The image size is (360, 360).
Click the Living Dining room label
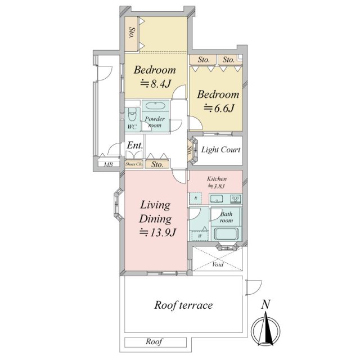click(x=155, y=211)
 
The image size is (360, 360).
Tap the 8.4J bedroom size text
click(x=155, y=84)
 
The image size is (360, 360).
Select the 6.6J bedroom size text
click(x=219, y=108)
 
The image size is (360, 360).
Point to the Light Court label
click(x=220, y=150)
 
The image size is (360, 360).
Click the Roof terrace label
click(x=183, y=305)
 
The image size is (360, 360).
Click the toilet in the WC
click(x=132, y=114)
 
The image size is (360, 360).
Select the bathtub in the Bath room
click(x=226, y=233)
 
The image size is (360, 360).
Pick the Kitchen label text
click(x=217, y=179)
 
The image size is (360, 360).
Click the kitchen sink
click(x=216, y=199)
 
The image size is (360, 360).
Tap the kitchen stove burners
click(x=236, y=199)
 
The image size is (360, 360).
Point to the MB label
click(x=108, y=164)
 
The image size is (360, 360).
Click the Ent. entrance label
click(x=135, y=145)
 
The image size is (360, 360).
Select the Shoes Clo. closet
click(x=134, y=164)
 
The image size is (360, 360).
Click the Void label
click(x=218, y=264)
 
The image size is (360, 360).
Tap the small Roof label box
click(x=155, y=342)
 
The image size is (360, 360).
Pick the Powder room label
click(x=155, y=122)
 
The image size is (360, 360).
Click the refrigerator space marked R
click(x=195, y=198)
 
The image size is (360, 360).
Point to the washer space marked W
click(x=200, y=236)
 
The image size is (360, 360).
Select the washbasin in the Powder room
click(x=155, y=106)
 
